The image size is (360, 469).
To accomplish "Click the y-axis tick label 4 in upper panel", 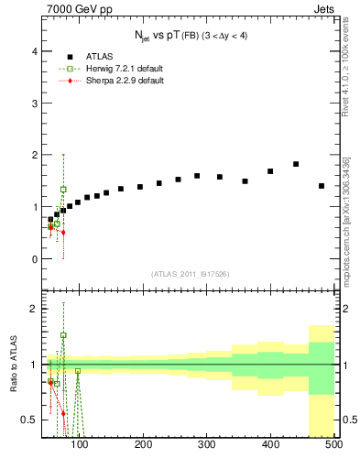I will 35,52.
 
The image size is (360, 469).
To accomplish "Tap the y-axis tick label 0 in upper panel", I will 35,259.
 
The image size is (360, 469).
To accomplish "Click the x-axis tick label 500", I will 333,446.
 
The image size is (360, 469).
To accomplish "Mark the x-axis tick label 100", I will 80,446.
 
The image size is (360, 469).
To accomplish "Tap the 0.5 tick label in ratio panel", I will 29,420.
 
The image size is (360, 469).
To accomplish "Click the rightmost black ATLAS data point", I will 322,186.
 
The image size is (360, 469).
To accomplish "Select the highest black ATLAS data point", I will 296,164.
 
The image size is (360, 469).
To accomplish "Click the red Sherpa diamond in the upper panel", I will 63,233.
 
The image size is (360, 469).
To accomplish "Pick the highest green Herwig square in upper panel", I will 63,190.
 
